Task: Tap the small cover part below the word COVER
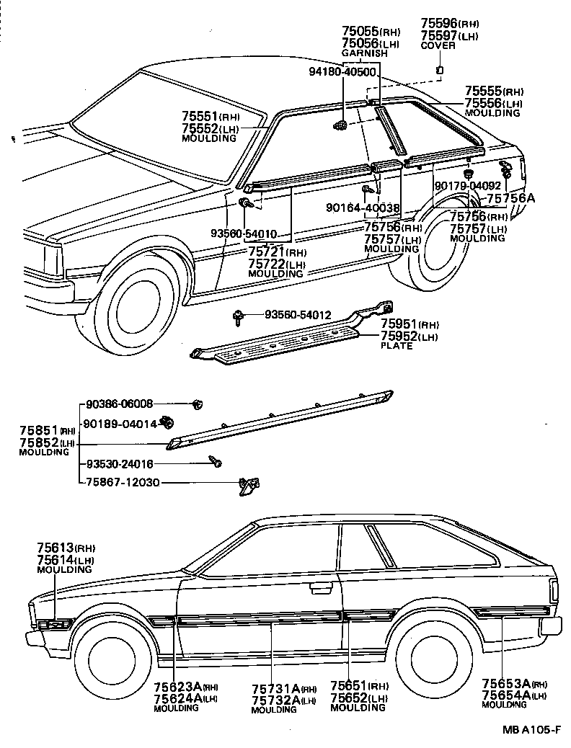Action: point(439,70)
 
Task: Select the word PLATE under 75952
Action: point(397,346)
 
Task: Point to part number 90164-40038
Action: point(362,208)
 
